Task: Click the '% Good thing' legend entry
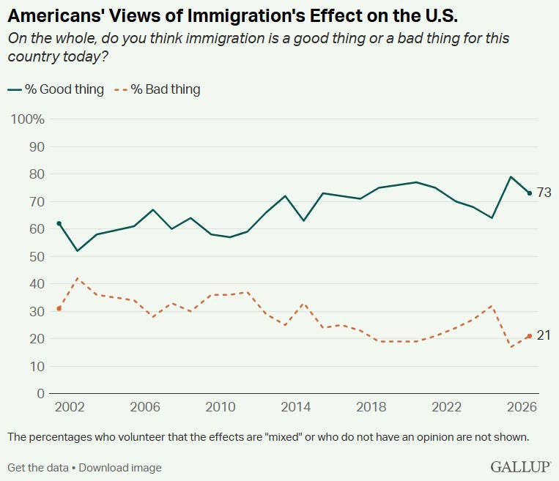pyautogui.click(x=56, y=89)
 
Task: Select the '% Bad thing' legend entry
pyautogui.click(x=157, y=89)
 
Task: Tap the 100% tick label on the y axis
pyautogui.click(x=27, y=119)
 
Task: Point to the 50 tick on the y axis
pyautogui.click(x=37, y=256)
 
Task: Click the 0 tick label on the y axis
pyautogui.click(x=40, y=394)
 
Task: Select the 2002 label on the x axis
pyautogui.click(x=70, y=407)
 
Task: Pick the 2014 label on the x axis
pyautogui.click(x=295, y=407)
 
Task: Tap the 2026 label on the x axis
pyautogui.click(x=522, y=407)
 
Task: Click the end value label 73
pyautogui.click(x=544, y=193)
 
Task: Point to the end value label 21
pyautogui.click(x=544, y=335)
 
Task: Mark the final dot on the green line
pyautogui.click(x=530, y=193)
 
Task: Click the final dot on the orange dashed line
pyautogui.click(x=530, y=336)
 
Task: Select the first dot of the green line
pyautogui.click(x=59, y=223)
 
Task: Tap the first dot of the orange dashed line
pyautogui.click(x=59, y=308)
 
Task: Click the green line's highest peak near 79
pyautogui.click(x=511, y=176)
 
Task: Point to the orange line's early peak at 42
pyautogui.click(x=78, y=278)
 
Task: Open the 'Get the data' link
pyautogui.click(x=38, y=468)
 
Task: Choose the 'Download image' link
pyautogui.click(x=120, y=468)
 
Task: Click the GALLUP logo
pyautogui.click(x=520, y=466)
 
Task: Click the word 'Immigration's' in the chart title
pyautogui.click(x=246, y=15)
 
